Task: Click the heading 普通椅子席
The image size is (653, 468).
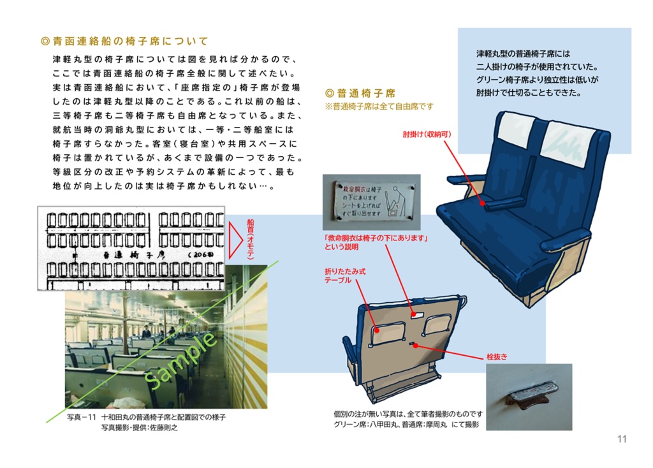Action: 360,92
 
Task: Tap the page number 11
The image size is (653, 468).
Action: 622,439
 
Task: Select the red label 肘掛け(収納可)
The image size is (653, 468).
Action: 427,135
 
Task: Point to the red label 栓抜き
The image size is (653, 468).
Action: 497,358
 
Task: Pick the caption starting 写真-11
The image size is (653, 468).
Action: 147,418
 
